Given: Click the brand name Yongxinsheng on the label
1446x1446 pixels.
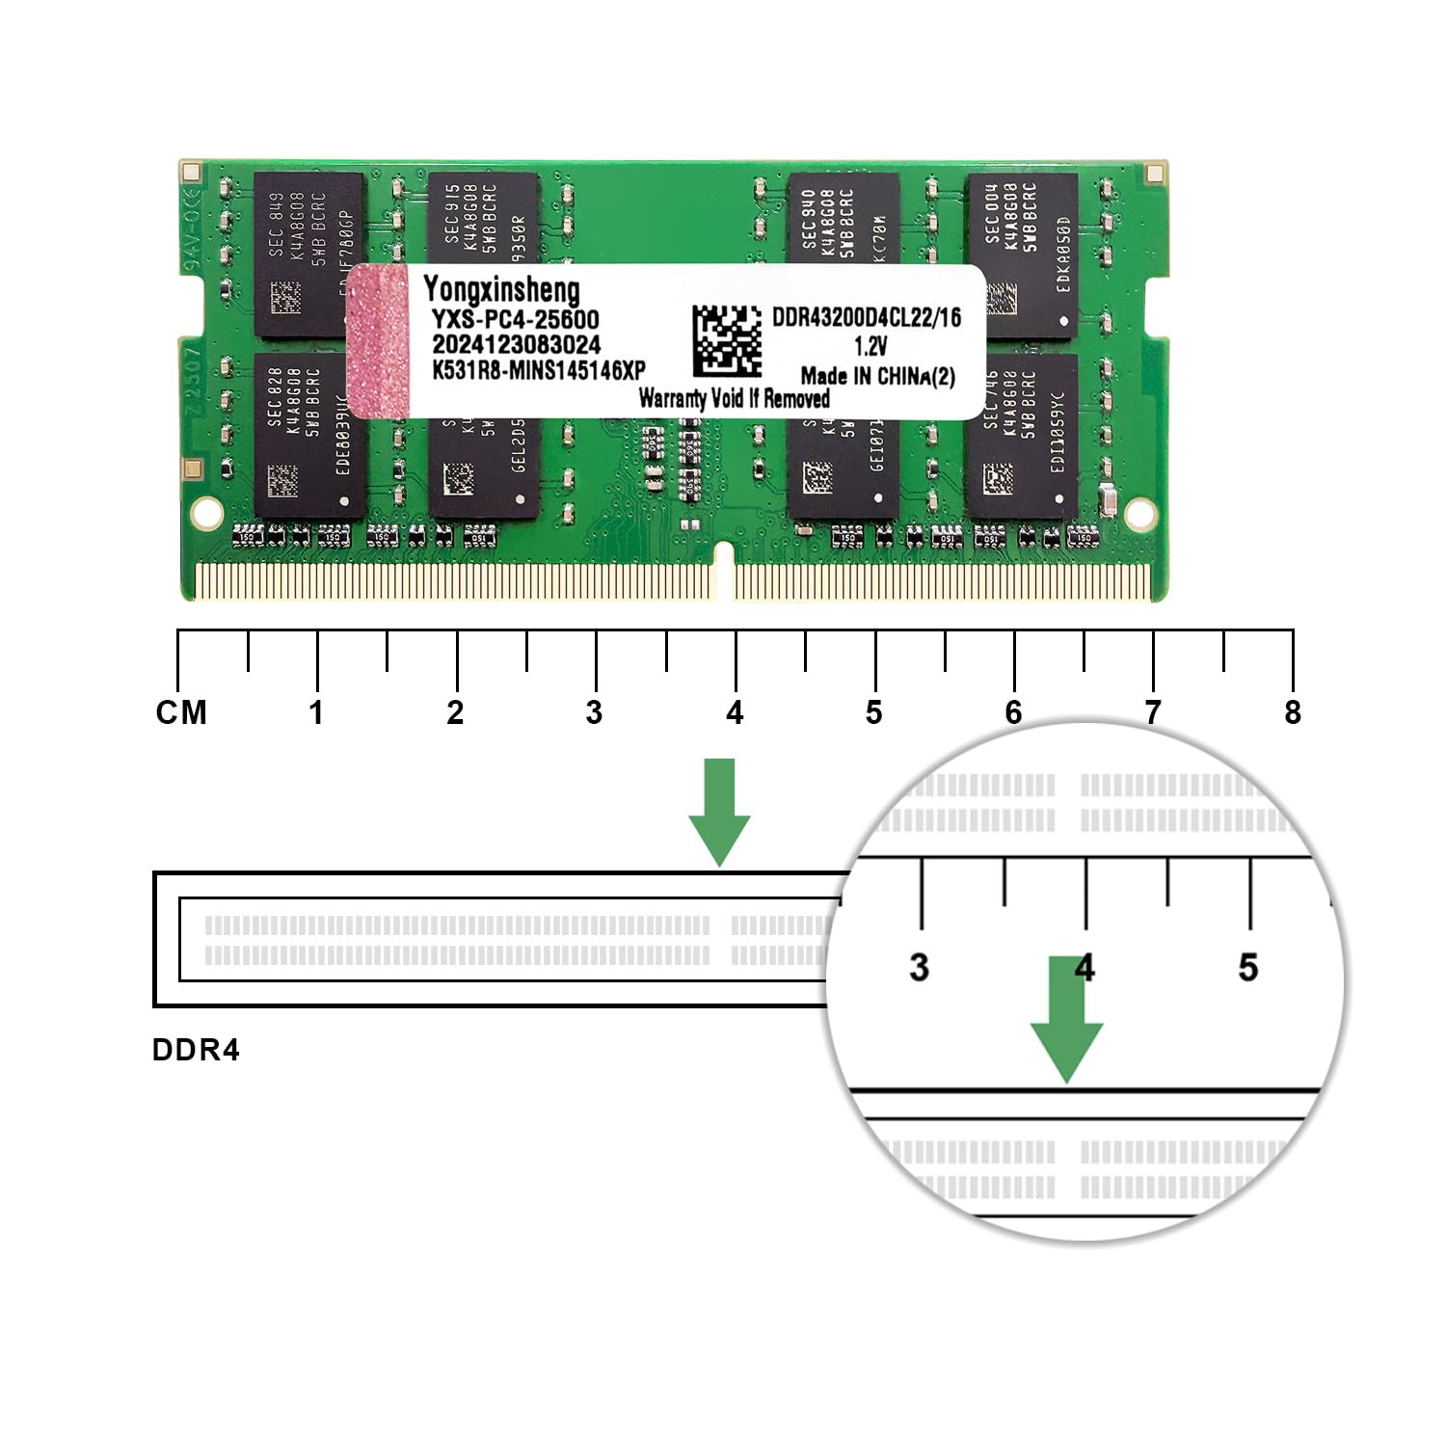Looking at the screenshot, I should tap(501, 289).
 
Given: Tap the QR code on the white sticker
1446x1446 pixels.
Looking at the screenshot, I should tap(727, 340).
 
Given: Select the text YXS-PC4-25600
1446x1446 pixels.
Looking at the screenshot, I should tap(515, 319).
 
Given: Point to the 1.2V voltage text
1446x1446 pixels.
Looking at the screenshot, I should tap(870, 346).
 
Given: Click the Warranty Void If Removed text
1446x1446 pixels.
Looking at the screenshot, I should tap(734, 398).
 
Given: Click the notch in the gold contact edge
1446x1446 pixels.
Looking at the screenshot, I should tap(723, 569).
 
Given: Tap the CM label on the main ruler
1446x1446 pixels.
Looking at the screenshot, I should tap(181, 712).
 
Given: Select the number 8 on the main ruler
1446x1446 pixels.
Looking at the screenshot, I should tap(1293, 712).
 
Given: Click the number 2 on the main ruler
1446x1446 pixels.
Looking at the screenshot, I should tap(455, 712).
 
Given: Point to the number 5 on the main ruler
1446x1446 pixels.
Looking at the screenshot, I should tap(873, 712).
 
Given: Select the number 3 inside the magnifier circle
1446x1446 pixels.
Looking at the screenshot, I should tap(919, 967).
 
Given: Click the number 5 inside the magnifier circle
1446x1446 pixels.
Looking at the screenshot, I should tap(1248, 967).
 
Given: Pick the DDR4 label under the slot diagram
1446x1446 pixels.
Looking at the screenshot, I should tap(196, 1050).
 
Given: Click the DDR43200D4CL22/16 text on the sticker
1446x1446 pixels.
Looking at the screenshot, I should tap(866, 317).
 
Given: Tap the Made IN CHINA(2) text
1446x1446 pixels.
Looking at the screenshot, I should tap(877, 376).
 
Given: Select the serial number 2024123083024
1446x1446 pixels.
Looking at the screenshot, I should tap(516, 344).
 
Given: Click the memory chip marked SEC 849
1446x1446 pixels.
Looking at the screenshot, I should tap(308, 253).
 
